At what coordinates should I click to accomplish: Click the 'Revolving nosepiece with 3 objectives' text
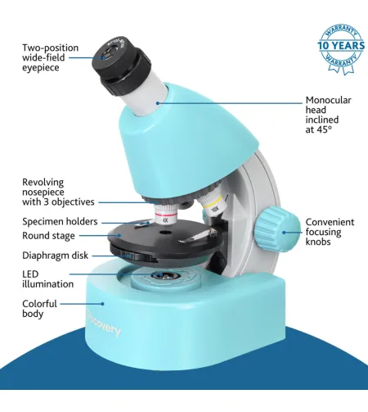pos(58,192)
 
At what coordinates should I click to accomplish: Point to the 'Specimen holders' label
pos(60,221)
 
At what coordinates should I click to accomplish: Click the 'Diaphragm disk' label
pos(55,255)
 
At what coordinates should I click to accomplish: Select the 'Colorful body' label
pos(39,308)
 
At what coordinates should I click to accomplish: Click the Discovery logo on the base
pos(105,324)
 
